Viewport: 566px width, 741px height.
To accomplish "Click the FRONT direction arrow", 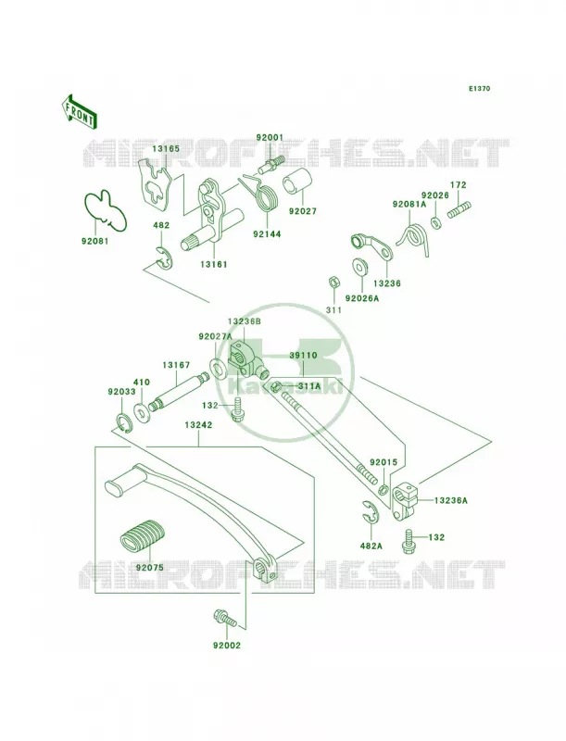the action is pos(79,111).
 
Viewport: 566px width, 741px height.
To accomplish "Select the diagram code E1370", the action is pos(479,88).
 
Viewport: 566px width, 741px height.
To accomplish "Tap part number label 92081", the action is pos(94,241).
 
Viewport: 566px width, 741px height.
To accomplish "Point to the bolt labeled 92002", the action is pos(225,619).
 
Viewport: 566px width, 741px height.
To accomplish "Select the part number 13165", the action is pos(166,148).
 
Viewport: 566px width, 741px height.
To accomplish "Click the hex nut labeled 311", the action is pos(333,283).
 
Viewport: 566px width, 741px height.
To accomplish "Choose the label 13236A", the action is pos(451,500).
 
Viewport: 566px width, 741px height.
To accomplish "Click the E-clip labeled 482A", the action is pos(372,512).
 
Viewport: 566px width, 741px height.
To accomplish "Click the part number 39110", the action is pos(303,355).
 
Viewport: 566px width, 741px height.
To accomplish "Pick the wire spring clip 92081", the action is pos(106,211).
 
